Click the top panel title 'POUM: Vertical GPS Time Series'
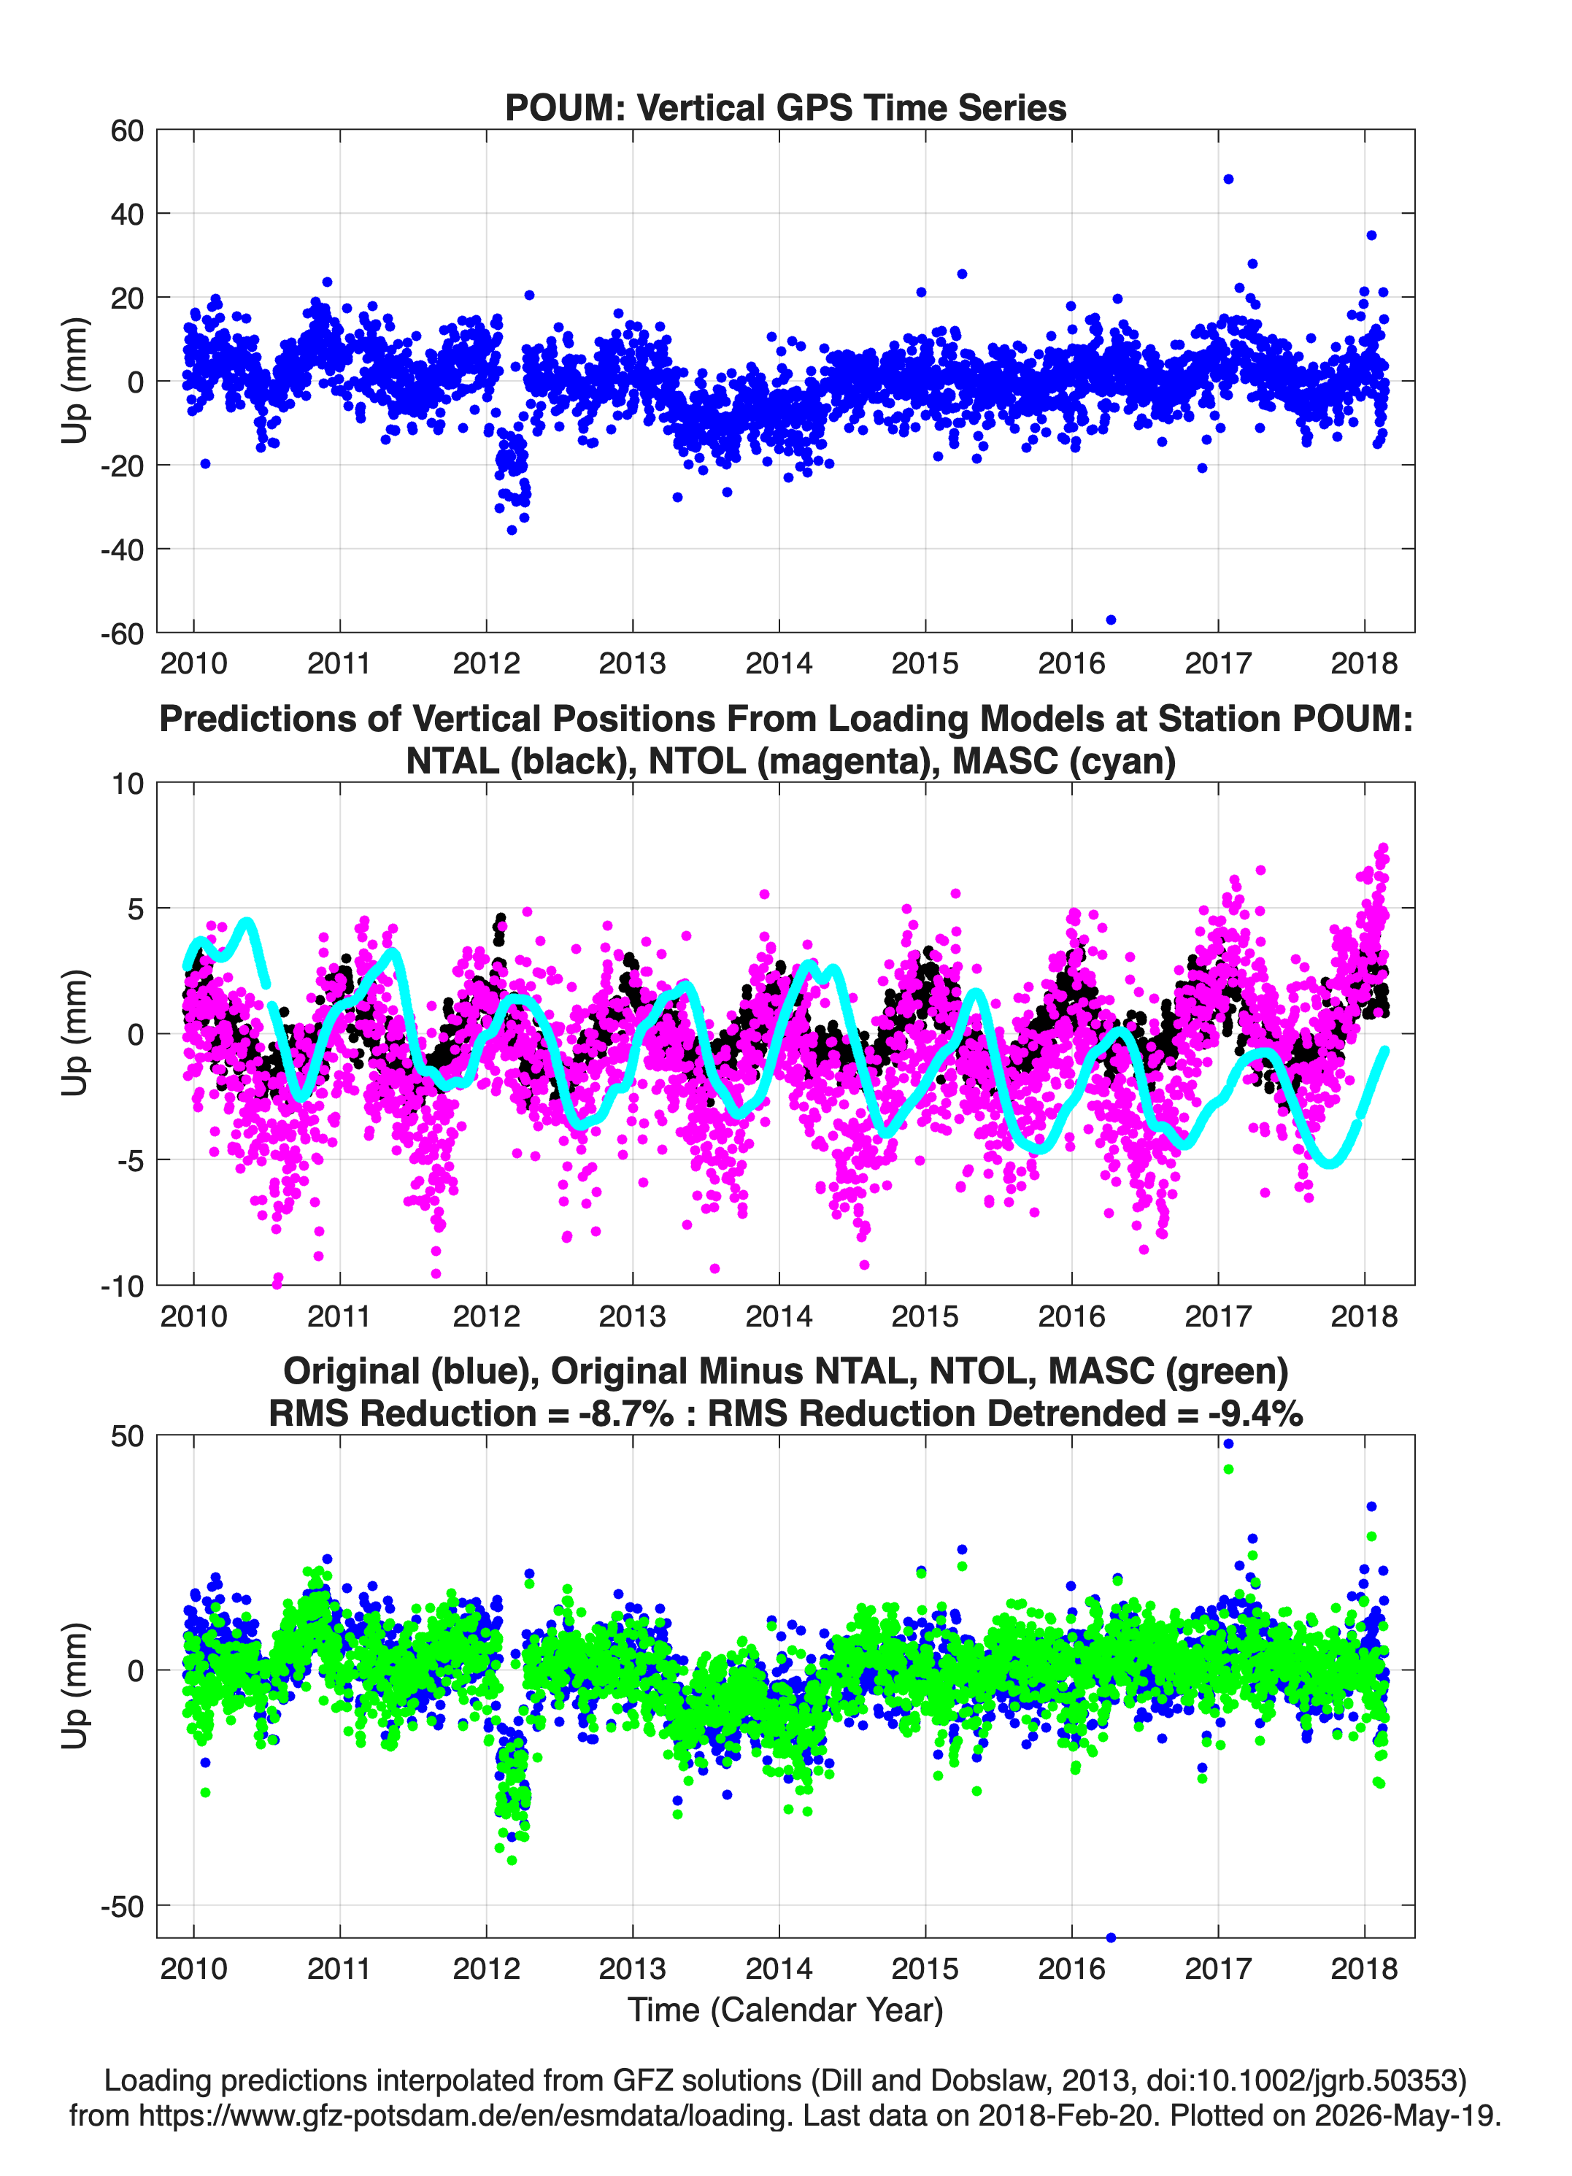click(x=785, y=107)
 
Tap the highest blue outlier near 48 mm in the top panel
click(x=1228, y=180)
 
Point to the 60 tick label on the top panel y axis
click(x=127, y=131)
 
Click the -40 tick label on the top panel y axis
click(x=122, y=549)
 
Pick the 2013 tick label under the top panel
click(x=633, y=663)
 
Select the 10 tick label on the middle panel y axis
click(x=128, y=784)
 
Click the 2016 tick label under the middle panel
click(x=1072, y=1316)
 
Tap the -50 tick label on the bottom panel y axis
click(x=122, y=1907)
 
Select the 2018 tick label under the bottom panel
click(x=1365, y=1969)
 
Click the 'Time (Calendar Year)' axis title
click(x=786, y=2010)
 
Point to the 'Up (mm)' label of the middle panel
click(x=75, y=1033)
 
